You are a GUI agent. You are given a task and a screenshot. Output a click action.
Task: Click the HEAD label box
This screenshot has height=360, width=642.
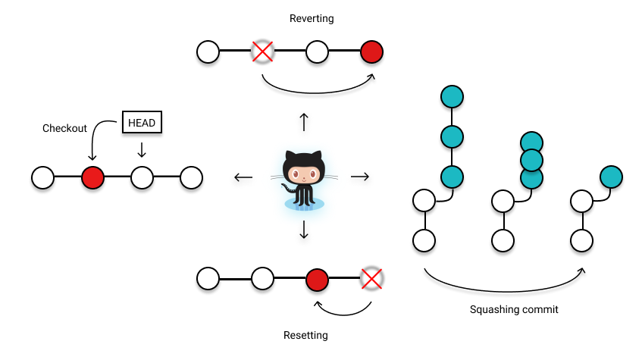(143, 123)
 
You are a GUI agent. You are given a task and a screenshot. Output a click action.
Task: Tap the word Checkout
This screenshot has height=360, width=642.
(64, 128)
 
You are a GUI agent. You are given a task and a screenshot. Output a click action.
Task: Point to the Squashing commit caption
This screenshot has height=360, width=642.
(513, 309)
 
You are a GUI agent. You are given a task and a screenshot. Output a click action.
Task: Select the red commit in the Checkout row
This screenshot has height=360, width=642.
(92, 177)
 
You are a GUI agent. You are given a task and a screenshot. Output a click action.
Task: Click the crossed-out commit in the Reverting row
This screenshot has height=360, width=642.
(262, 52)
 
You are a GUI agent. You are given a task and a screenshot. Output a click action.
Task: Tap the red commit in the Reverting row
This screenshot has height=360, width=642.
(371, 52)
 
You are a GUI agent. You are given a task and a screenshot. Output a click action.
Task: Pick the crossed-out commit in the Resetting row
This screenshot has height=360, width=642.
(371, 279)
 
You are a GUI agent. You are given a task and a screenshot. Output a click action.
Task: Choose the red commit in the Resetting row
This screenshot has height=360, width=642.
(317, 279)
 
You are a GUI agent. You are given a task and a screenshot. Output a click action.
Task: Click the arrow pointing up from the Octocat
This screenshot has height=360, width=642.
(304, 121)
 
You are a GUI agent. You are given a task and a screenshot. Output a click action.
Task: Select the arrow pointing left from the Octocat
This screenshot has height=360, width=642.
(243, 177)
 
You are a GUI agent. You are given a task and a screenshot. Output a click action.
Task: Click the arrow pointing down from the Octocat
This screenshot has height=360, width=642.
(304, 230)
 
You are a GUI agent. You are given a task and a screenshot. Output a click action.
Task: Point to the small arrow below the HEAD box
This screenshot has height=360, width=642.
(142, 150)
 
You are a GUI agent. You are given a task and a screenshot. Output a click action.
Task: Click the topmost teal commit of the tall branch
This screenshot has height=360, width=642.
(452, 97)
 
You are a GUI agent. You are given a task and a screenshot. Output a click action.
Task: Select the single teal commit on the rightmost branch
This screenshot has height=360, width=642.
(611, 177)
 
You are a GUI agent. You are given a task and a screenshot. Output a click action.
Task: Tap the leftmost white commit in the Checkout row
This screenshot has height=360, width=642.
(42, 177)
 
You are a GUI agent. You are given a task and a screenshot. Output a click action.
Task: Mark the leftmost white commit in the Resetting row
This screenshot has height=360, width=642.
(208, 279)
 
